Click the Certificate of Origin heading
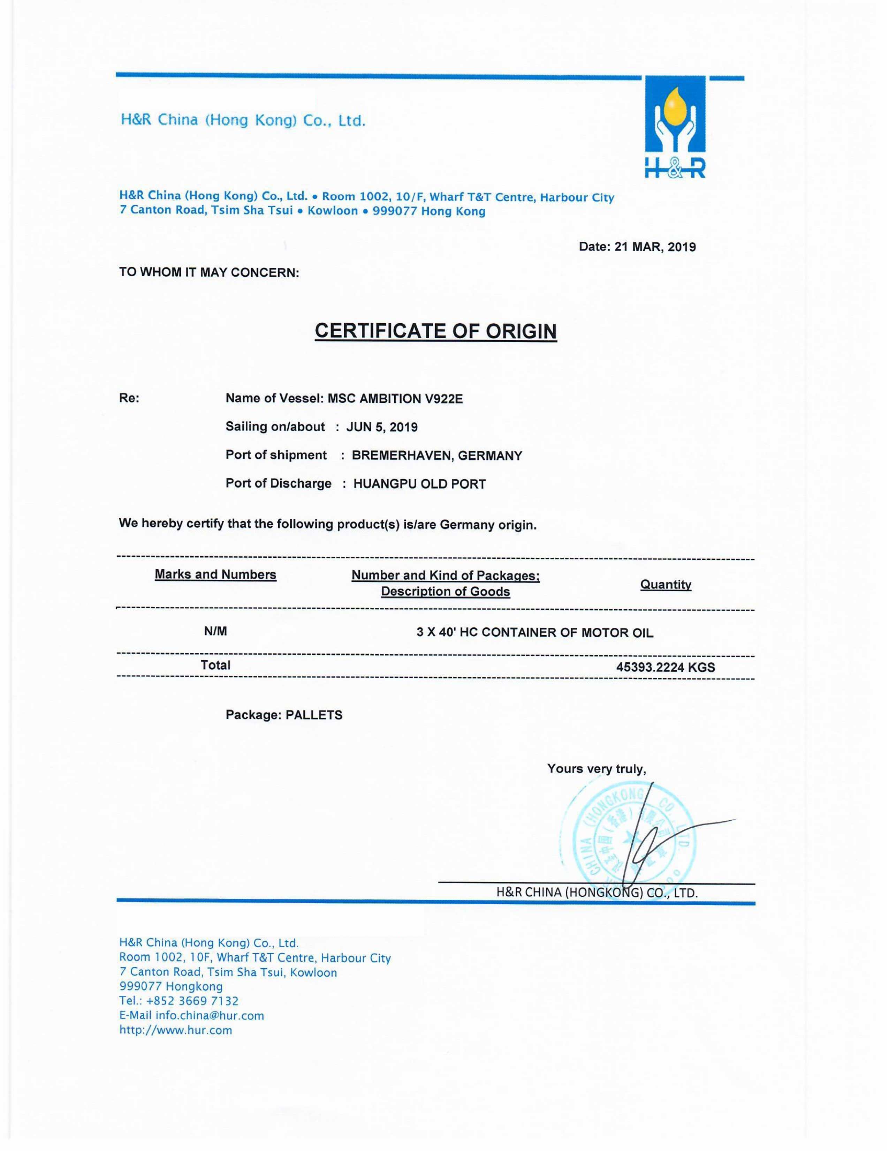pyautogui.click(x=435, y=331)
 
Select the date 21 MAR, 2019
pyautogui.click(x=655, y=247)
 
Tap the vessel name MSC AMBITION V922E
pyautogui.click(x=395, y=398)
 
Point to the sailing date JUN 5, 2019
pyautogui.click(x=382, y=427)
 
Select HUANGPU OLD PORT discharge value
pyautogui.click(x=419, y=484)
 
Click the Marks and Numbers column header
pyautogui.click(x=215, y=574)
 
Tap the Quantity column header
pyautogui.click(x=666, y=585)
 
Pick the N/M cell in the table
pyautogui.click(x=215, y=631)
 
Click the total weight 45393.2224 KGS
pyautogui.click(x=666, y=667)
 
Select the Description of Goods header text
pyautogui.click(x=446, y=592)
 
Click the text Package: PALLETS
pyautogui.click(x=284, y=715)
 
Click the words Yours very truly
pyautogui.click(x=596, y=769)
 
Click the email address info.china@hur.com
pyautogui.click(x=210, y=1016)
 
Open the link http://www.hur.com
pyautogui.click(x=176, y=1030)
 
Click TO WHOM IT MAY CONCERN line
pyautogui.click(x=209, y=272)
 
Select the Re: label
pyautogui.click(x=129, y=398)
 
